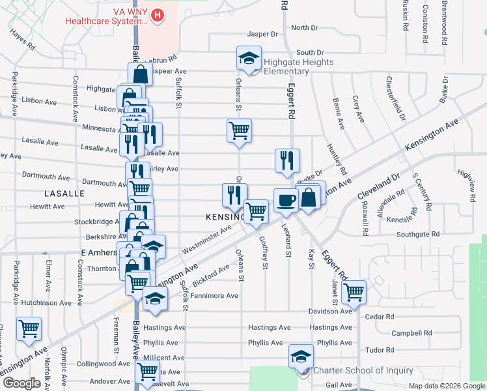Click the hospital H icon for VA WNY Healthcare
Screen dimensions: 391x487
point(157,15)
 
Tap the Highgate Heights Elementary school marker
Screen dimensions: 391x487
point(248,59)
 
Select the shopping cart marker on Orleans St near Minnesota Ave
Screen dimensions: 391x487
point(239,130)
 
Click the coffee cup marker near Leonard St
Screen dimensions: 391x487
point(285,200)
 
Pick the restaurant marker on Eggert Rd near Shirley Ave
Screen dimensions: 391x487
point(287,161)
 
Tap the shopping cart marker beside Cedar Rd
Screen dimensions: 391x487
point(354,292)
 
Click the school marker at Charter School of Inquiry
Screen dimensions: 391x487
point(301,357)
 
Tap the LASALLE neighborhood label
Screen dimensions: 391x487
point(64,194)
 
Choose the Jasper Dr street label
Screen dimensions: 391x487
point(262,34)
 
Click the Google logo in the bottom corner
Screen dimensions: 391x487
point(21,383)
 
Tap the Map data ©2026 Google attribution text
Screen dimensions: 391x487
point(446,386)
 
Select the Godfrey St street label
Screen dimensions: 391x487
point(264,252)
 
